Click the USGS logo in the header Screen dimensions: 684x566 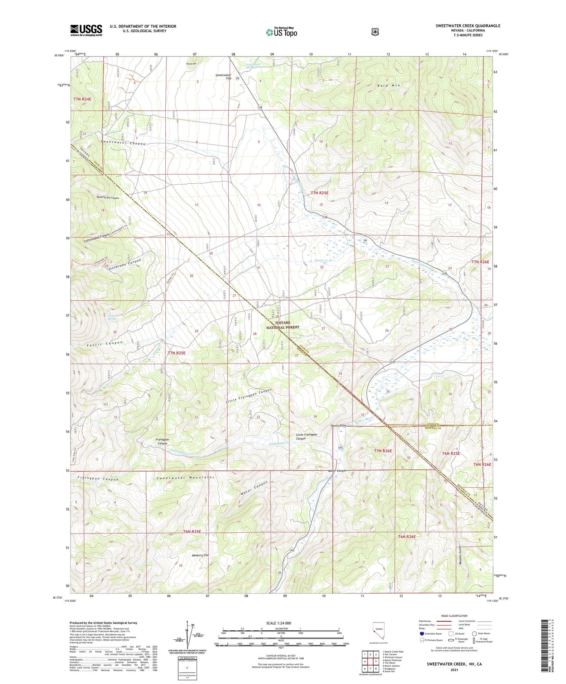86,30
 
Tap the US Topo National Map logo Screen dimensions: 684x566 281,32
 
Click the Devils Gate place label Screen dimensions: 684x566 338,425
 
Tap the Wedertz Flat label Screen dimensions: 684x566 200,555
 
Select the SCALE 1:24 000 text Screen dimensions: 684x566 278,623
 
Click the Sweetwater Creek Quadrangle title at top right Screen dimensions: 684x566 468,26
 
